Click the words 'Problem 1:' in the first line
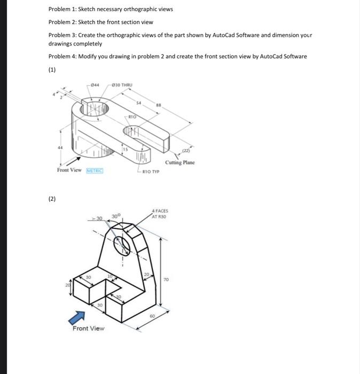(62, 9)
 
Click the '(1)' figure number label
(52, 69)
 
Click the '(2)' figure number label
(52, 199)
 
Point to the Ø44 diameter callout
(95, 84)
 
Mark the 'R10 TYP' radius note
(151, 172)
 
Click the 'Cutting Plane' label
(180, 162)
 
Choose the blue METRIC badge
(94, 170)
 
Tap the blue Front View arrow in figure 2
(76, 317)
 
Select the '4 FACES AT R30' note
(160, 215)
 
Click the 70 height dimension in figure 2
(166, 280)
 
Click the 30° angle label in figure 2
(116, 216)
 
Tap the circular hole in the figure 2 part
(122, 245)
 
